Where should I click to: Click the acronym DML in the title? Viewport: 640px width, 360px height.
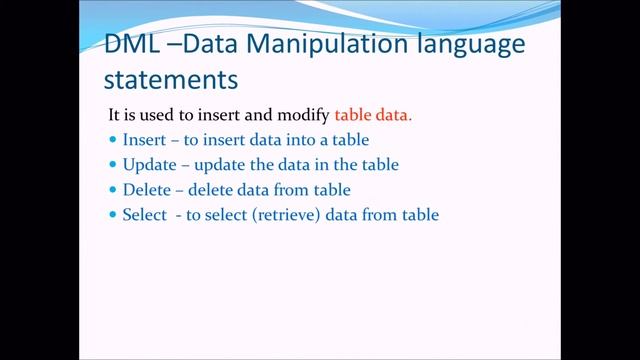(x=132, y=46)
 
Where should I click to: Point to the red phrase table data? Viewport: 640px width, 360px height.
(x=373, y=115)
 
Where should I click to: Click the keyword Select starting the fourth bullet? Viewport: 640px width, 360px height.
(x=143, y=214)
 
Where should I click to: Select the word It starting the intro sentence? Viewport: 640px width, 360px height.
(x=114, y=115)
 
